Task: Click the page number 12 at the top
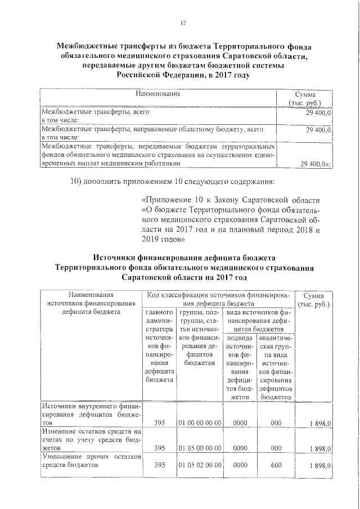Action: point(182,23)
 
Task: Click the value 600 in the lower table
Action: point(276,466)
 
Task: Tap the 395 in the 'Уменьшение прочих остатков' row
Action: point(159,466)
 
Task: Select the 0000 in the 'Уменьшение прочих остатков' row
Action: point(240,466)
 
